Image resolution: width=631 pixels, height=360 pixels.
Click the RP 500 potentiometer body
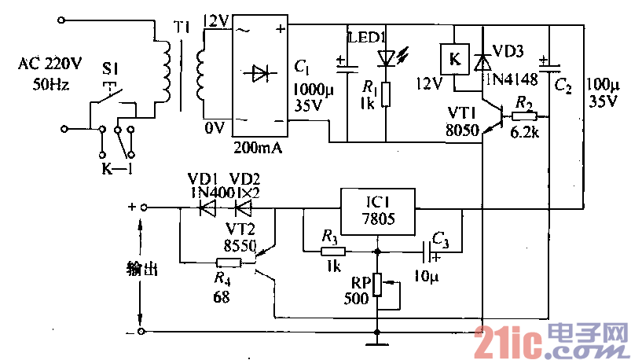click(x=377, y=284)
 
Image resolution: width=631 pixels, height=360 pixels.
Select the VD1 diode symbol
click(x=207, y=208)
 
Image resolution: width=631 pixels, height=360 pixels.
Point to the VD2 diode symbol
click(x=244, y=208)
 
